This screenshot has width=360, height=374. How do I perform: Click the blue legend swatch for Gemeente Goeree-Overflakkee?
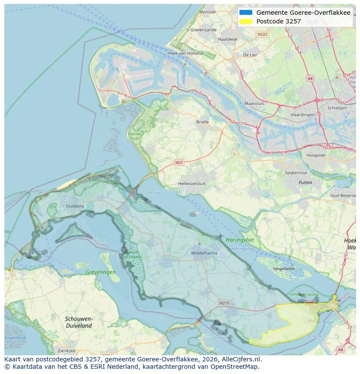(246, 13)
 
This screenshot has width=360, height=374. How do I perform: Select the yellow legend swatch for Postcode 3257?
(246, 21)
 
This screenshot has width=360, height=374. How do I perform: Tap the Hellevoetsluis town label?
(192, 184)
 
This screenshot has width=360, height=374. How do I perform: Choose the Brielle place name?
(202, 122)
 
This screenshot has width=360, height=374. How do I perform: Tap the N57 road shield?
(178, 162)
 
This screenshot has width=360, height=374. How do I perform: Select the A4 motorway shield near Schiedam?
(310, 79)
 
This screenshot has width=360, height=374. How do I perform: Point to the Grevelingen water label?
(100, 272)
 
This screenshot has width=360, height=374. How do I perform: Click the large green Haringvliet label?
(240, 240)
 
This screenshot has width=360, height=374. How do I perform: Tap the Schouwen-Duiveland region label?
(79, 322)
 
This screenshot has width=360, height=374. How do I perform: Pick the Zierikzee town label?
(66, 351)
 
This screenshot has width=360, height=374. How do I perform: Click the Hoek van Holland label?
(185, 53)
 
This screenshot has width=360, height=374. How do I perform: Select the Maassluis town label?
(254, 104)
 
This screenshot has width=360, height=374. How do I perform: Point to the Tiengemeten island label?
(283, 268)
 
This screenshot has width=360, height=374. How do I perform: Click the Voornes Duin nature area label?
(134, 137)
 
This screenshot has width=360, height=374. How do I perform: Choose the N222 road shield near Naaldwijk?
(262, 34)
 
